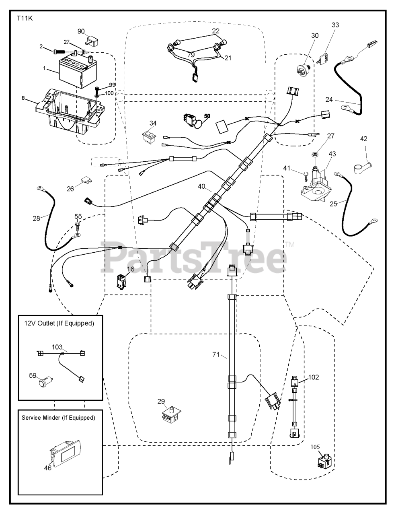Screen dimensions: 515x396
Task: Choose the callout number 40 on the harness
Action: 201,186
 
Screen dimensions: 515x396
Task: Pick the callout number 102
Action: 314,377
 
